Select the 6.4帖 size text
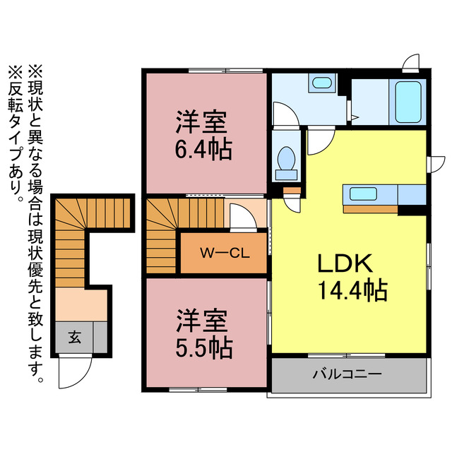click(203, 150)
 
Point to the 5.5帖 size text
click(203, 347)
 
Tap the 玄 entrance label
click(74, 337)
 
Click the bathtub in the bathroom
click(408, 102)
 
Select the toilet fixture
click(287, 162)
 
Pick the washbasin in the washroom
click(321, 83)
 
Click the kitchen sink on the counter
click(360, 194)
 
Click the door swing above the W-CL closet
click(242, 215)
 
